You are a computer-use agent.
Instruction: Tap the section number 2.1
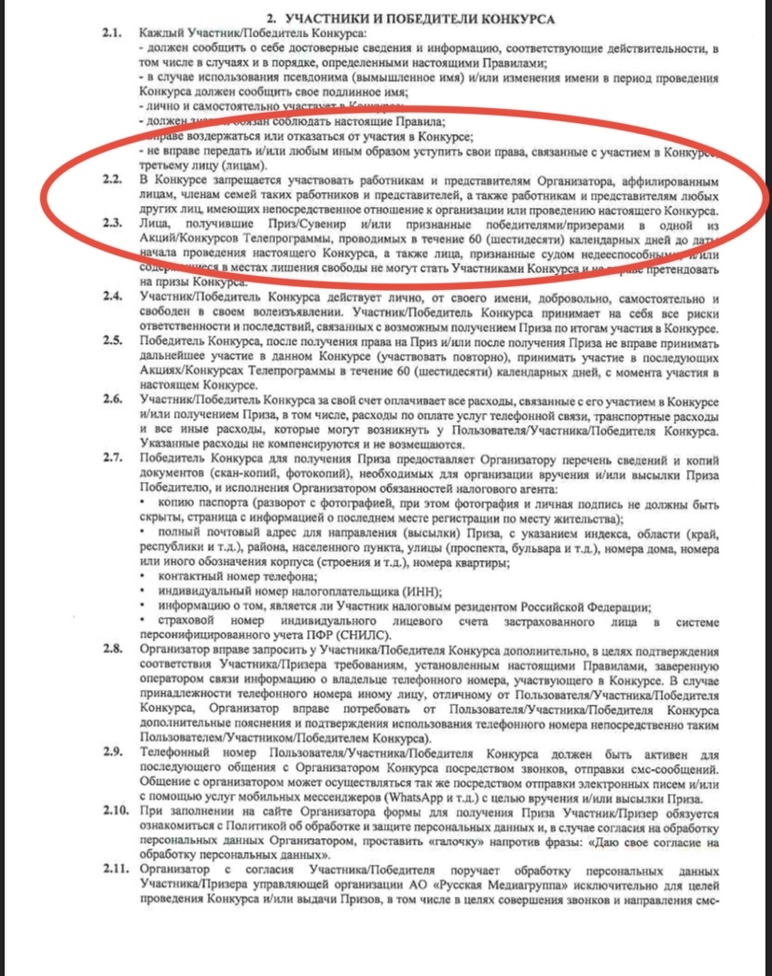[x=113, y=33]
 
